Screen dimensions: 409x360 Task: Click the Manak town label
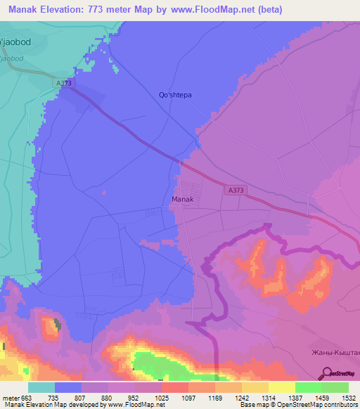(182, 200)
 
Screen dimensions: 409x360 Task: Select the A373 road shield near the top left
(64, 83)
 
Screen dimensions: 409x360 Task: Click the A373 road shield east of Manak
(236, 189)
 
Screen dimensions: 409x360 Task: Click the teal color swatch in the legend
(41, 387)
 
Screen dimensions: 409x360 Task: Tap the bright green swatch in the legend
(309, 387)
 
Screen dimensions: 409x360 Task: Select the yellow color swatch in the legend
(282, 387)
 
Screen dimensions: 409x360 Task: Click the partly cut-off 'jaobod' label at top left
(15, 41)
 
